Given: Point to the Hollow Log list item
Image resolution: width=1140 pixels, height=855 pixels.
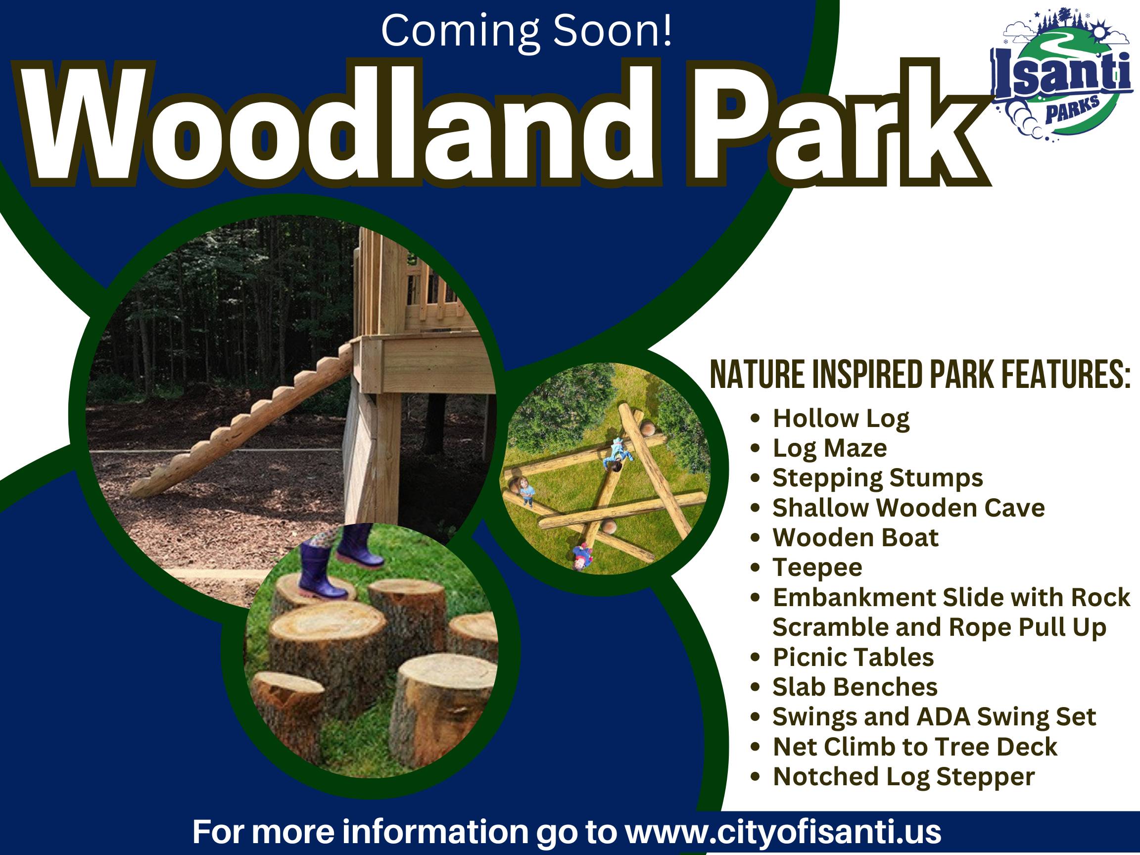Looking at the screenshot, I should tap(841, 419).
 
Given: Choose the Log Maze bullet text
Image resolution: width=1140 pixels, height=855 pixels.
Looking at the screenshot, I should tap(830, 448).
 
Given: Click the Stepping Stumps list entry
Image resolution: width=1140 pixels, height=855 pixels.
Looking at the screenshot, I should tap(878, 478).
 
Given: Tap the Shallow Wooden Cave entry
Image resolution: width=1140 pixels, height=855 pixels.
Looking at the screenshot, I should tap(908, 508).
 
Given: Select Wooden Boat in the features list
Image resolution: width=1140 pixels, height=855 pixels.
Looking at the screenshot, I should tap(855, 538).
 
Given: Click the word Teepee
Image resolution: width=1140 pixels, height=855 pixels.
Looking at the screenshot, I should tap(817, 568).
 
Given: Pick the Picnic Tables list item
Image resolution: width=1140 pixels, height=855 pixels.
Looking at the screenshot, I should tap(854, 658).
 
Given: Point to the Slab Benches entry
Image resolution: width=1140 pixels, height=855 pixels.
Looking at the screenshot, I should tap(855, 687).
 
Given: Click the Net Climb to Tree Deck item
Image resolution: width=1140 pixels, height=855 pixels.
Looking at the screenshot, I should tap(915, 747).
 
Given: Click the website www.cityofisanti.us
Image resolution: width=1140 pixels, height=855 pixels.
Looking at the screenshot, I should tap(783, 832).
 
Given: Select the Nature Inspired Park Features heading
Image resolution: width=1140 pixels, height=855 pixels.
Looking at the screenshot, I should tap(920, 376).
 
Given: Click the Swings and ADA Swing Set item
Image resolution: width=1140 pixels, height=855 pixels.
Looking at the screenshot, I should tap(934, 717).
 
